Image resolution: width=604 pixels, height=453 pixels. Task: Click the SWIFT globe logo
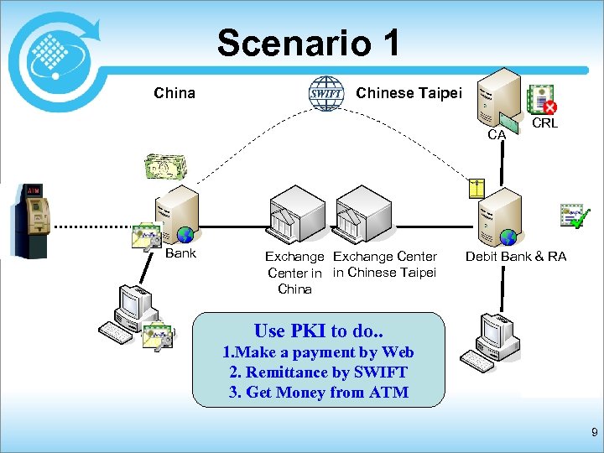point(325,93)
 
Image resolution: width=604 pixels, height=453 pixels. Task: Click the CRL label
point(545,123)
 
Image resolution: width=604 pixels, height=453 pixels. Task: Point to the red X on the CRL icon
point(550,107)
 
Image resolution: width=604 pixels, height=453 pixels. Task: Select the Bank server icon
point(177,214)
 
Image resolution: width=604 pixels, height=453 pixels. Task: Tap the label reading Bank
point(180,253)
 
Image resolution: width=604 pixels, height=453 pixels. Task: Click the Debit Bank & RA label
point(515,257)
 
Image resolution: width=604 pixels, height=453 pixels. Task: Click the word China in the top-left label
point(174,93)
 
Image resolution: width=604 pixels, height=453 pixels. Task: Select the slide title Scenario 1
point(309,42)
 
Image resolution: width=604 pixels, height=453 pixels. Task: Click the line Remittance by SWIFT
point(318,372)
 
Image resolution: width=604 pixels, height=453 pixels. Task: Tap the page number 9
point(594,433)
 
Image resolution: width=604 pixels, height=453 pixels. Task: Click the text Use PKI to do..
point(318,331)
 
